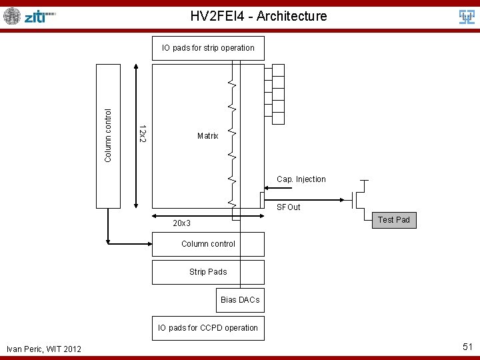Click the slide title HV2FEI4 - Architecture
click(x=259, y=16)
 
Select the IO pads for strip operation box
click(x=208, y=48)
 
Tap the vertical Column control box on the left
click(x=109, y=135)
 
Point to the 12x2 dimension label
click(x=142, y=132)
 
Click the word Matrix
click(x=208, y=136)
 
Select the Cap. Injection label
click(x=301, y=179)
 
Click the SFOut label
click(x=289, y=207)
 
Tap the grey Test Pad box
click(x=394, y=220)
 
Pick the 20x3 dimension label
click(x=182, y=223)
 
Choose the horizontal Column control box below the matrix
click(x=208, y=244)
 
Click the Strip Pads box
click(x=208, y=272)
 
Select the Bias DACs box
click(x=240, y=300)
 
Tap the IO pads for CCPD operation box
click(x=208, y=328)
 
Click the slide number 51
click(x=467, y=347)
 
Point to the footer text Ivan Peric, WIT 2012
click(x=44, y=349)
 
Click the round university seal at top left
click(x=12, y=16)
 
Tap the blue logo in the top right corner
click(x=467, y=17)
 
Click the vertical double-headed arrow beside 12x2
click(x=135, y=136)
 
